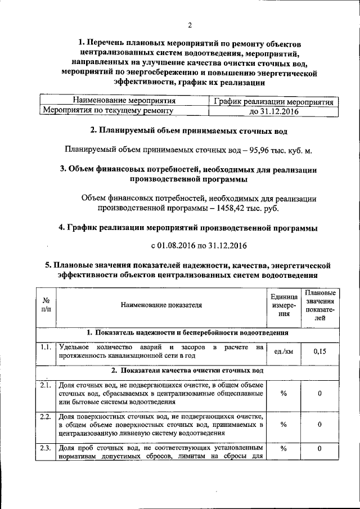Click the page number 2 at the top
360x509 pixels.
click(x=190, y=25)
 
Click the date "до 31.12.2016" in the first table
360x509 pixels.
click(x=275, y=111)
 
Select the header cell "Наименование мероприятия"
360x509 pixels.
click(x=124, y=101)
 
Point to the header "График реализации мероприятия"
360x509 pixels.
click(x=275, y=102)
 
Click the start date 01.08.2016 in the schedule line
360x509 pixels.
click(x=176, y=246)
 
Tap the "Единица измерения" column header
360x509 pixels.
click(x=283, y=305)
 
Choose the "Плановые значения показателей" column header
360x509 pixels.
click(x=319, y=305)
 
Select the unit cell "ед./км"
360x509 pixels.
click(x=283, y=352)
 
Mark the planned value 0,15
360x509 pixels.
click(x=319, y=352)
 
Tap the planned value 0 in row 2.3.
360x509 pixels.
click(x=319, y=448)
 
